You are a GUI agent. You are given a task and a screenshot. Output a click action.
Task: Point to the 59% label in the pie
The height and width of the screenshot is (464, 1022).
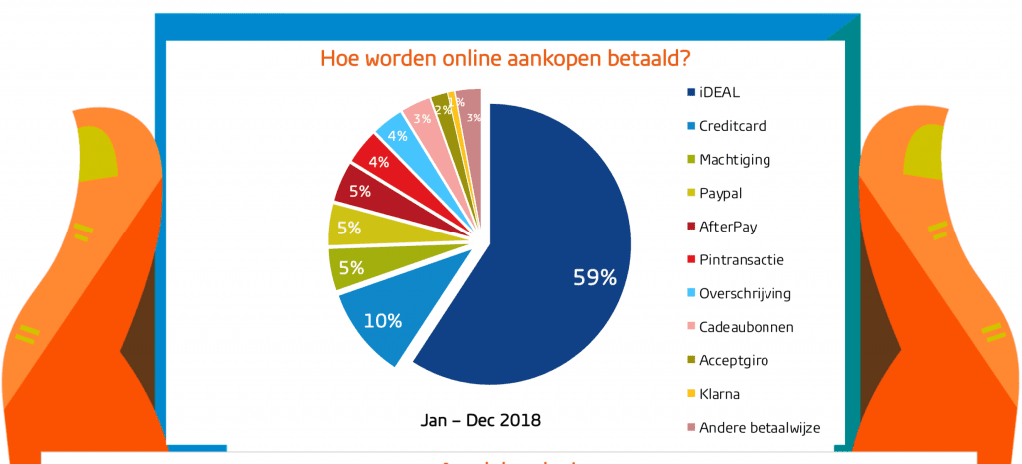pos(594,278)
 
